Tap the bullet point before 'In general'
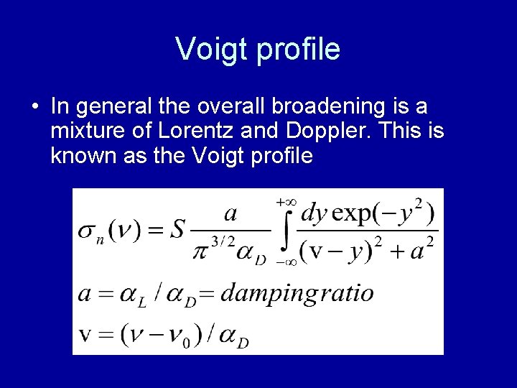[35, 107]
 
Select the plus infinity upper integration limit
[287, 203]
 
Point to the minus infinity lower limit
[287, 263]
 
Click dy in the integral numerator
[317, 214]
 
